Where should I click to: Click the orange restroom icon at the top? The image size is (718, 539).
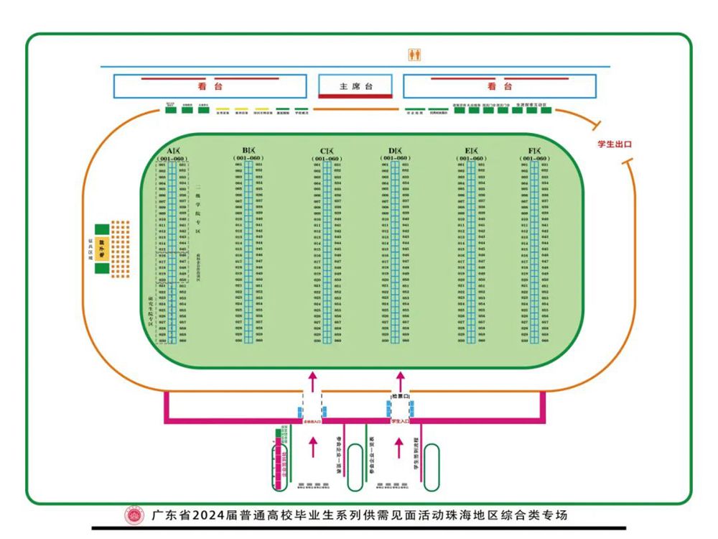[414, 54]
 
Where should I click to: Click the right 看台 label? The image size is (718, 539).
[500, 86]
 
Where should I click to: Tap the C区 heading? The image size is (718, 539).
[327, 151]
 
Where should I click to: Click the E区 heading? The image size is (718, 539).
[471, 151]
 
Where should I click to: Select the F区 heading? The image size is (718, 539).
[535, 151]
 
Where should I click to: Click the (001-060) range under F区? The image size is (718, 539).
[535, 158]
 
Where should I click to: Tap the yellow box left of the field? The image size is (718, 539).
[101, 249]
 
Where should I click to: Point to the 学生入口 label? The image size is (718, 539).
[400, 421]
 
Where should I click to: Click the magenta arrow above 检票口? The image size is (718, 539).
[400, 379]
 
